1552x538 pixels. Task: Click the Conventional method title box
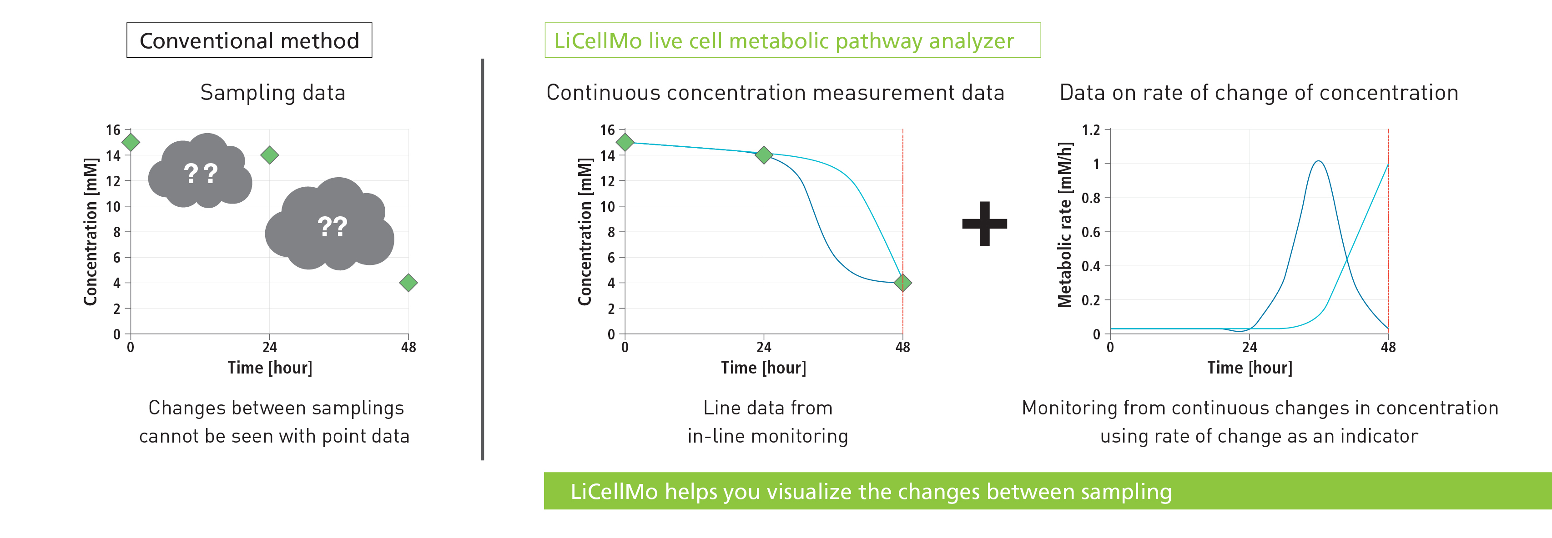(249, 40)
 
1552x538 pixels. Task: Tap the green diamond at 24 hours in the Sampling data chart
(269, 155)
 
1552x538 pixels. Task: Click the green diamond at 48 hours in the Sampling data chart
(408, 283)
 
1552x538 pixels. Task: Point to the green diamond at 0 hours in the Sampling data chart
(131, 143)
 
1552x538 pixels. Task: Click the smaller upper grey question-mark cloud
(200, 172)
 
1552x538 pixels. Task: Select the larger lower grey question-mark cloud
(331, 226)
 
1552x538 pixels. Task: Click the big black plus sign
(984, 224)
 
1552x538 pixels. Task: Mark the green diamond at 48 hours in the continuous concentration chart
(902, 283)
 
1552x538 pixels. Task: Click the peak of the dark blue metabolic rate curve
(1319, 161)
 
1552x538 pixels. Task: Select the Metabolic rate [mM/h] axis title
(1065, 225)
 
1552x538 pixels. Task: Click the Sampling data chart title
(273, 93)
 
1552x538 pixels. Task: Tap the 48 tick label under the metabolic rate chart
(1388, 347)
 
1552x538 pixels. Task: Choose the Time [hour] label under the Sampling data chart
(270, 368)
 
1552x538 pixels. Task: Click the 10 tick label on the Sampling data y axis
(113, 206)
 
